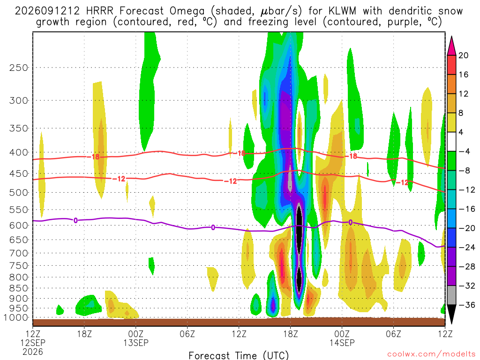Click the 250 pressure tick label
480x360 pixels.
[x=18, y=67]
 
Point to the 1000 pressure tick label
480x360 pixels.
[x=15, y=318]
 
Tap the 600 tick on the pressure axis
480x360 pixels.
[x=18, y=225]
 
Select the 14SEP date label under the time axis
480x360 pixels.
[x=342, y=343]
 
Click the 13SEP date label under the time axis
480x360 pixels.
[x=136, y=343]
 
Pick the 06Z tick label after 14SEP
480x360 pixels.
[x=393, y=334]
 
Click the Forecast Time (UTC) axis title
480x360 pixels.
[x=239, y=355]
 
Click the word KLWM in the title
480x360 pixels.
[x=342, y=11]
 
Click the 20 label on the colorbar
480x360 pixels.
[x=464, y=55]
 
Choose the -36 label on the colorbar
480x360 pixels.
[x=467, y=305]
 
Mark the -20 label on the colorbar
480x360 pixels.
[x=467, y=228]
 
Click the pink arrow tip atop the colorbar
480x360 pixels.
[x=451, y=37]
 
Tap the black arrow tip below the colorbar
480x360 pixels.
[x=451, y=322]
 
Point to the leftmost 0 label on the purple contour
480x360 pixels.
[x=75, y=220]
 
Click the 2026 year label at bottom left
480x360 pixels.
[x=33, y=352]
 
